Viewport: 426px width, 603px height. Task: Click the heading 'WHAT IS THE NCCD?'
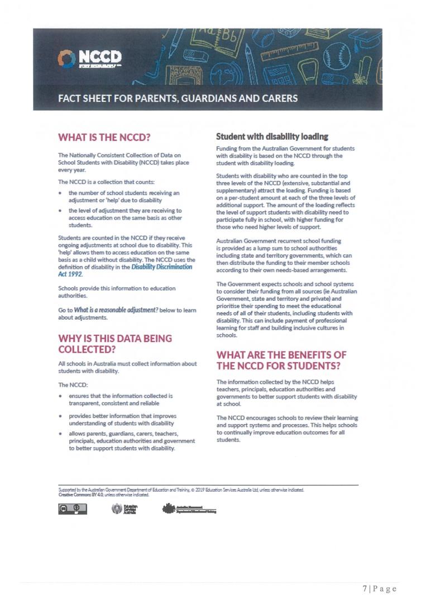tap(105, 137)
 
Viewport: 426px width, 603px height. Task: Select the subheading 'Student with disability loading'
tap(272, 136)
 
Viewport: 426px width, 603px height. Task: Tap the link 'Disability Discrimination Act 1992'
tap(161, 267)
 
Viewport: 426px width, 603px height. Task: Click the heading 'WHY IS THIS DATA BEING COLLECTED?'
tap(115, 344)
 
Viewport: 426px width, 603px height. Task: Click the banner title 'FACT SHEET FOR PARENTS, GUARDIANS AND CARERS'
tap(178, 99)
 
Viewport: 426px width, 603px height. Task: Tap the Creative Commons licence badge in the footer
tap(73, 509)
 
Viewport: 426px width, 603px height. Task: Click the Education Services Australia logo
tap(125, 509)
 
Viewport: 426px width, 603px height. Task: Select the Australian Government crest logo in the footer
tap(189, 509)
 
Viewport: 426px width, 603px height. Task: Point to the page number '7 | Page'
tap(379, 588)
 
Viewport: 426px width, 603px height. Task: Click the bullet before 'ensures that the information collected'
tap(60, 396)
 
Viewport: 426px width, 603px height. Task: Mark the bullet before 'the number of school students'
tap(60, 193)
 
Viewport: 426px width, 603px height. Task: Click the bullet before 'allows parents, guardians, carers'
tap(60, 434)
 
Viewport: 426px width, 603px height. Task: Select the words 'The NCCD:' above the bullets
tap(71, 385)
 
